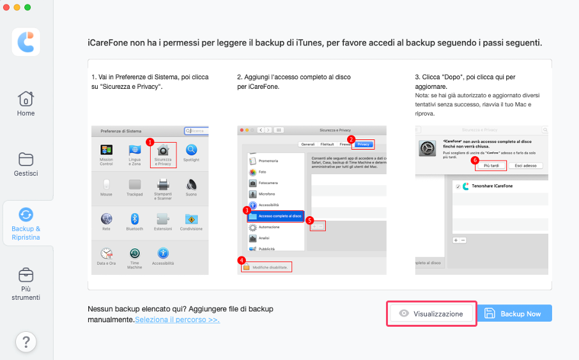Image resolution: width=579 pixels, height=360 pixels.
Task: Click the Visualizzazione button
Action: [x=431, y=314]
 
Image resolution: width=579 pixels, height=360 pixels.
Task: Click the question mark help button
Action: [x=26, y=342]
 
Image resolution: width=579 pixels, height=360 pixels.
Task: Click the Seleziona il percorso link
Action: [x=177, y=319]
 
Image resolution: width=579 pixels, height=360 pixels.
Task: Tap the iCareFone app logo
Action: [x=26, y=42]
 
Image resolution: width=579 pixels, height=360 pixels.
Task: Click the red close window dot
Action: [x=7, y=7]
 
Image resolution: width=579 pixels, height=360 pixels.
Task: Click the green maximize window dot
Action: [x=27, y=7]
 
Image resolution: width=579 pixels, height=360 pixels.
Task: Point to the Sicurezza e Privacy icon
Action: [x=164, y=151]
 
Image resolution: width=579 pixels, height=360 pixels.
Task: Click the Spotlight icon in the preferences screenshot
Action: [x=191, y=151]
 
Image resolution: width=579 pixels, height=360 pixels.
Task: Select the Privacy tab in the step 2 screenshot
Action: [x=363, y=144]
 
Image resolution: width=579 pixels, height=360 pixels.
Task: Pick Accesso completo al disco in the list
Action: [x=275, y=216]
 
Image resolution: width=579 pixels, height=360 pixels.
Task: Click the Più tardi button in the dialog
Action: [x=491, y=166]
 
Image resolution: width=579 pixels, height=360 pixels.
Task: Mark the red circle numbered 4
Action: [x=241, y=260]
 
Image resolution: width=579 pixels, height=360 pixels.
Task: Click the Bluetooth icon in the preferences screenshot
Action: [x=135, y=219]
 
